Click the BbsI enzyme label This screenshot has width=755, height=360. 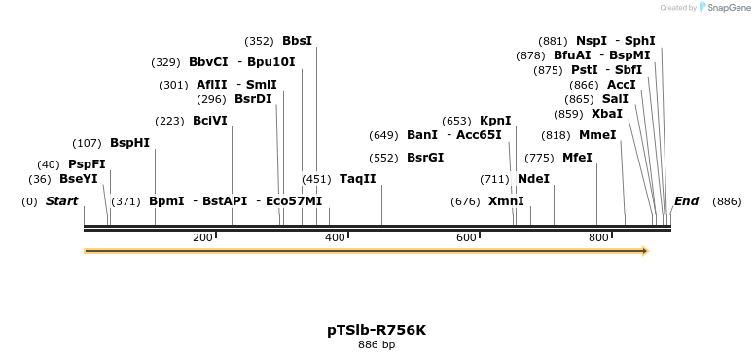(x=297, y=41)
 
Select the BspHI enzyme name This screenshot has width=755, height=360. (x=129, y=143)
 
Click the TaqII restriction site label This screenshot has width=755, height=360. (x=357, y=179)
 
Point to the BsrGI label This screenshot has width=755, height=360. (x=424, y=158)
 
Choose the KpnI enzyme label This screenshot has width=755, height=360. (x=495, y=121)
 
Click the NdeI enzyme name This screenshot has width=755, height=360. (x=533, y=179)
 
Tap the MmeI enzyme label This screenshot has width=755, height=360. (x=597, y=135)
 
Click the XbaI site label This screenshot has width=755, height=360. (x=606, y=114)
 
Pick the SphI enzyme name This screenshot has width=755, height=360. (x=639, y=41)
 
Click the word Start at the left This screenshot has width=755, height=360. (x=61, y=201)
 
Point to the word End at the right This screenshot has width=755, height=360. (x=686, y=201)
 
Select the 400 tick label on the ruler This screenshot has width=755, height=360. (x=335, y=237)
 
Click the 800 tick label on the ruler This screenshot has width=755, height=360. (x=597, y=237)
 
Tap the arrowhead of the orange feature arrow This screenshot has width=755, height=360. (x=643, y=251)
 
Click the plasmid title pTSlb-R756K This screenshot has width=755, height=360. (x=377, y=330)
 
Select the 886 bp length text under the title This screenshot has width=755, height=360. (x=377, y=344)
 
